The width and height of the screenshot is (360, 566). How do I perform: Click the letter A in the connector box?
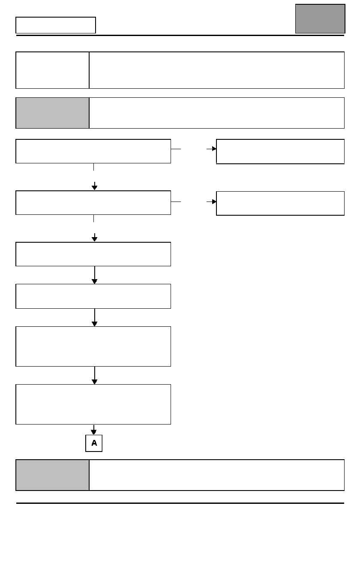click(x=94, y=443)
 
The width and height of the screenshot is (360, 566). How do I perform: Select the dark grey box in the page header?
click(x=320, y=18)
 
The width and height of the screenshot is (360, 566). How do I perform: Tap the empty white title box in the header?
click(x=56, y=25)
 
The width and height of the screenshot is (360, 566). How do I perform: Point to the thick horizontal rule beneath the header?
click(x=180, y=35)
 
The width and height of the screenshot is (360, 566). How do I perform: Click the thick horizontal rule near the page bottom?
click(x=180, y=503)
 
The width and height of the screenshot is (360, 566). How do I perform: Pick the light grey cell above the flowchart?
click(x=52, y=113)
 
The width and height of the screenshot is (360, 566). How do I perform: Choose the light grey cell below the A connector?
click(x=52, y=475)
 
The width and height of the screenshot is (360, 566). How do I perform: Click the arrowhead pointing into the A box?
click(x=94, y=432)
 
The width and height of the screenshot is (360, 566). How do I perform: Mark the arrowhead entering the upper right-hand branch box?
click(x=214, y=149)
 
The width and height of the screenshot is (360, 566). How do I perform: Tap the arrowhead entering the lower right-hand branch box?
click(x=214, y=202)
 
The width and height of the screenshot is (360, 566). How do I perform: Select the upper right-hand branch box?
click(x=280, y=151)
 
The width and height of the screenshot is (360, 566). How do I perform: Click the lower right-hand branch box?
click(x=280, y=203)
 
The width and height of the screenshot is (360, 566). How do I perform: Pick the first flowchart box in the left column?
click(x=93, y=151)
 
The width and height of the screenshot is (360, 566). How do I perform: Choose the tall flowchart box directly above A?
click(x=93, y=404)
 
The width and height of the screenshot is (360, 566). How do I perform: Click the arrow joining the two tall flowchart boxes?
click(x=94, y=375)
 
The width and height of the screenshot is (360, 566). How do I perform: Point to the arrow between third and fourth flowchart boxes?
click(x=94, y=275)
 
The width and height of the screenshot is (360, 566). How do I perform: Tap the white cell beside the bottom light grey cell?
click(x=217, y=475)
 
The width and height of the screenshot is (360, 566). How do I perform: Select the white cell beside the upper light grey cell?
click(x=217, y=113)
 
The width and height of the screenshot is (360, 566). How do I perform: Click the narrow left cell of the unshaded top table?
click(x=52, y=70)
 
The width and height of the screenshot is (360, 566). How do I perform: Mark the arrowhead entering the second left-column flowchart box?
click(x=94, y=187)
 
